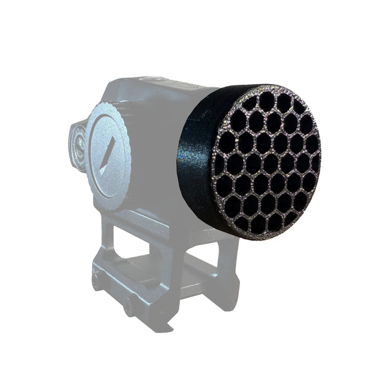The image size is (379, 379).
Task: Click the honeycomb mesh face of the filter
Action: click(x=265, y=161)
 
